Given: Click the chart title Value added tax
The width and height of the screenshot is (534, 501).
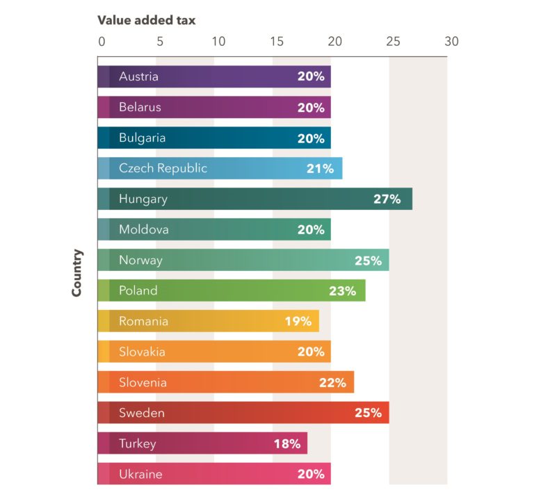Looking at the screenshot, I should tap(146, 20).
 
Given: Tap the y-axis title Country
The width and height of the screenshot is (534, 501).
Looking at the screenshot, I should tap(77, 273).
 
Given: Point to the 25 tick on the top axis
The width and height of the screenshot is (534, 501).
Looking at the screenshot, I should tap(393, 41).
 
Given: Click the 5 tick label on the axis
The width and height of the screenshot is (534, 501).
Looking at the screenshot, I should tap(160, 41).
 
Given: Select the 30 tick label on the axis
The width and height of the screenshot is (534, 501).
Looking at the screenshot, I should tap(451, 41).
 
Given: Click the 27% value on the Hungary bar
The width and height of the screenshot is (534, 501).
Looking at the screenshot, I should tap(387, 199).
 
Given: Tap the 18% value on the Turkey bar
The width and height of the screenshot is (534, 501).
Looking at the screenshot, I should tap(286, 443).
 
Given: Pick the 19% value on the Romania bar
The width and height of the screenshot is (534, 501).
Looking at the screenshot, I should tap(298, 322).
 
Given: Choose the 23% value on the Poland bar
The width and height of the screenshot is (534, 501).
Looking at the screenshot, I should tap(343, 291).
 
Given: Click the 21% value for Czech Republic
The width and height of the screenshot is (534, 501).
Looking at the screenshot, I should tap(320, 169).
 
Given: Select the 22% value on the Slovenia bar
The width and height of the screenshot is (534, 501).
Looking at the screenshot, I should tap(332, 383).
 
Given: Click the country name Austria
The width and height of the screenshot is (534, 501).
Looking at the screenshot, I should tap(138, 76).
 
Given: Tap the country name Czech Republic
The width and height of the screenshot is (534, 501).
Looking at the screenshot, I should tap(163, 168).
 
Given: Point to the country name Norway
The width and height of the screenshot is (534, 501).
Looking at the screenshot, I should tap(140, 261).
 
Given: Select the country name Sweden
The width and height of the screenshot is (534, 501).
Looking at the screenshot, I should tap(142, 413).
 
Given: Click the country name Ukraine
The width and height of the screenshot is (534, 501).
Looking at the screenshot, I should tap(140, 475).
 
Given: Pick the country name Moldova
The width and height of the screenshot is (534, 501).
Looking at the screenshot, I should tap(143, 229).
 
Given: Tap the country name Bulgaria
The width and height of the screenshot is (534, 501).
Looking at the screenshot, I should tap(142, 138).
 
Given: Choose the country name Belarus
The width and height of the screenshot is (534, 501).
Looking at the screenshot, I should tap(140, 107).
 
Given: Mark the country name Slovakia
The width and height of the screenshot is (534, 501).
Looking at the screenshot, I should tap(142, 352).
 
